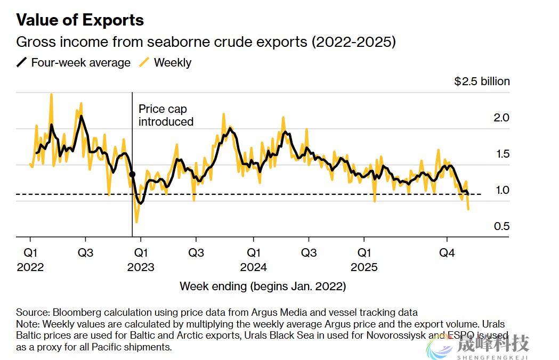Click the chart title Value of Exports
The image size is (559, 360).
[80, 20]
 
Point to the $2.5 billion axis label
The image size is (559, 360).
[482, 81]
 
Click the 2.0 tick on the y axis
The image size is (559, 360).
[502, 117]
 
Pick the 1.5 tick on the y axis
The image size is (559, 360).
[502, 154]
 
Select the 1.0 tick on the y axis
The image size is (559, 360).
[502, 190]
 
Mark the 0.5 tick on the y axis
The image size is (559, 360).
[502, 226]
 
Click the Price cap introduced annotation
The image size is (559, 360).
[166, 115]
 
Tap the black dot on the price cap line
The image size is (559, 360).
[132, 174]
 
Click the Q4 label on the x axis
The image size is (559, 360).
[447, 252]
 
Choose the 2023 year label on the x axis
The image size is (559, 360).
[141, 267]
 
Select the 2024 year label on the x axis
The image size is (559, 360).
[253, 267]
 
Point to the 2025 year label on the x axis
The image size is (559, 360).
[364, 267]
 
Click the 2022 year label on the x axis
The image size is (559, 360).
[30, 267]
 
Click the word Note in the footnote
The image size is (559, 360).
[27, 324]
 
